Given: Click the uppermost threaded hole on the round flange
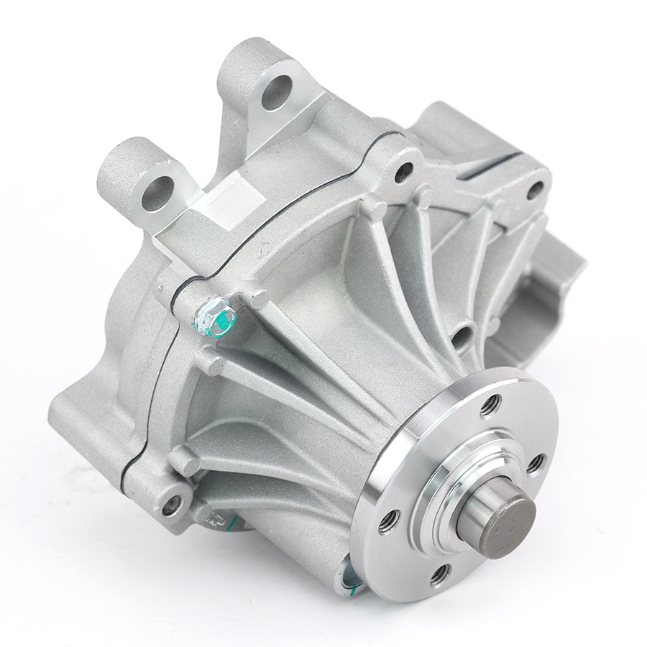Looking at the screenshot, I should pos(491,405).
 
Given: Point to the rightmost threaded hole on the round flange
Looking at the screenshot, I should pos(536,463).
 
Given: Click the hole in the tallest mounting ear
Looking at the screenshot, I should pos(276,92).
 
